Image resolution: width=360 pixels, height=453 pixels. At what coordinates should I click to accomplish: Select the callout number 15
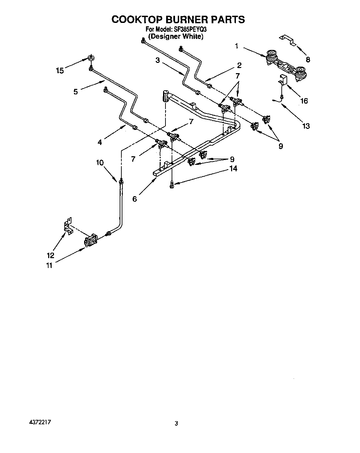coord(60,70)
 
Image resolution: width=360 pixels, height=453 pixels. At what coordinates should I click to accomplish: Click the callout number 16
coord(304,101)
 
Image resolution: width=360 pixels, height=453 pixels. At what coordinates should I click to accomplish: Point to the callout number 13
coord(306,126)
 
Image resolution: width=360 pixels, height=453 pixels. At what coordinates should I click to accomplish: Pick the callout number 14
coord(234,169)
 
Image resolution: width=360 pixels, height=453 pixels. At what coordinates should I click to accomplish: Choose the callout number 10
coord(99,163)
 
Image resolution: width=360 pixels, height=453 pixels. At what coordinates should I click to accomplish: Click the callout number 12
coord(50,255)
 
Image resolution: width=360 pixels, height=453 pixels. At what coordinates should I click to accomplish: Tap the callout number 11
coord(49,265)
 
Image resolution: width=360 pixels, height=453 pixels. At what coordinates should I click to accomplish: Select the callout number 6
coord(135,199)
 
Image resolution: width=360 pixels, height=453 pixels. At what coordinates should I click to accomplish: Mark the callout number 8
coord(308,59)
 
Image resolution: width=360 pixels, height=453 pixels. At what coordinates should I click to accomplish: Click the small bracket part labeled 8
coord(287,39)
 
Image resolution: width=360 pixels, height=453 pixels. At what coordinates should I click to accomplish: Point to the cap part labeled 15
coord(91,58)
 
